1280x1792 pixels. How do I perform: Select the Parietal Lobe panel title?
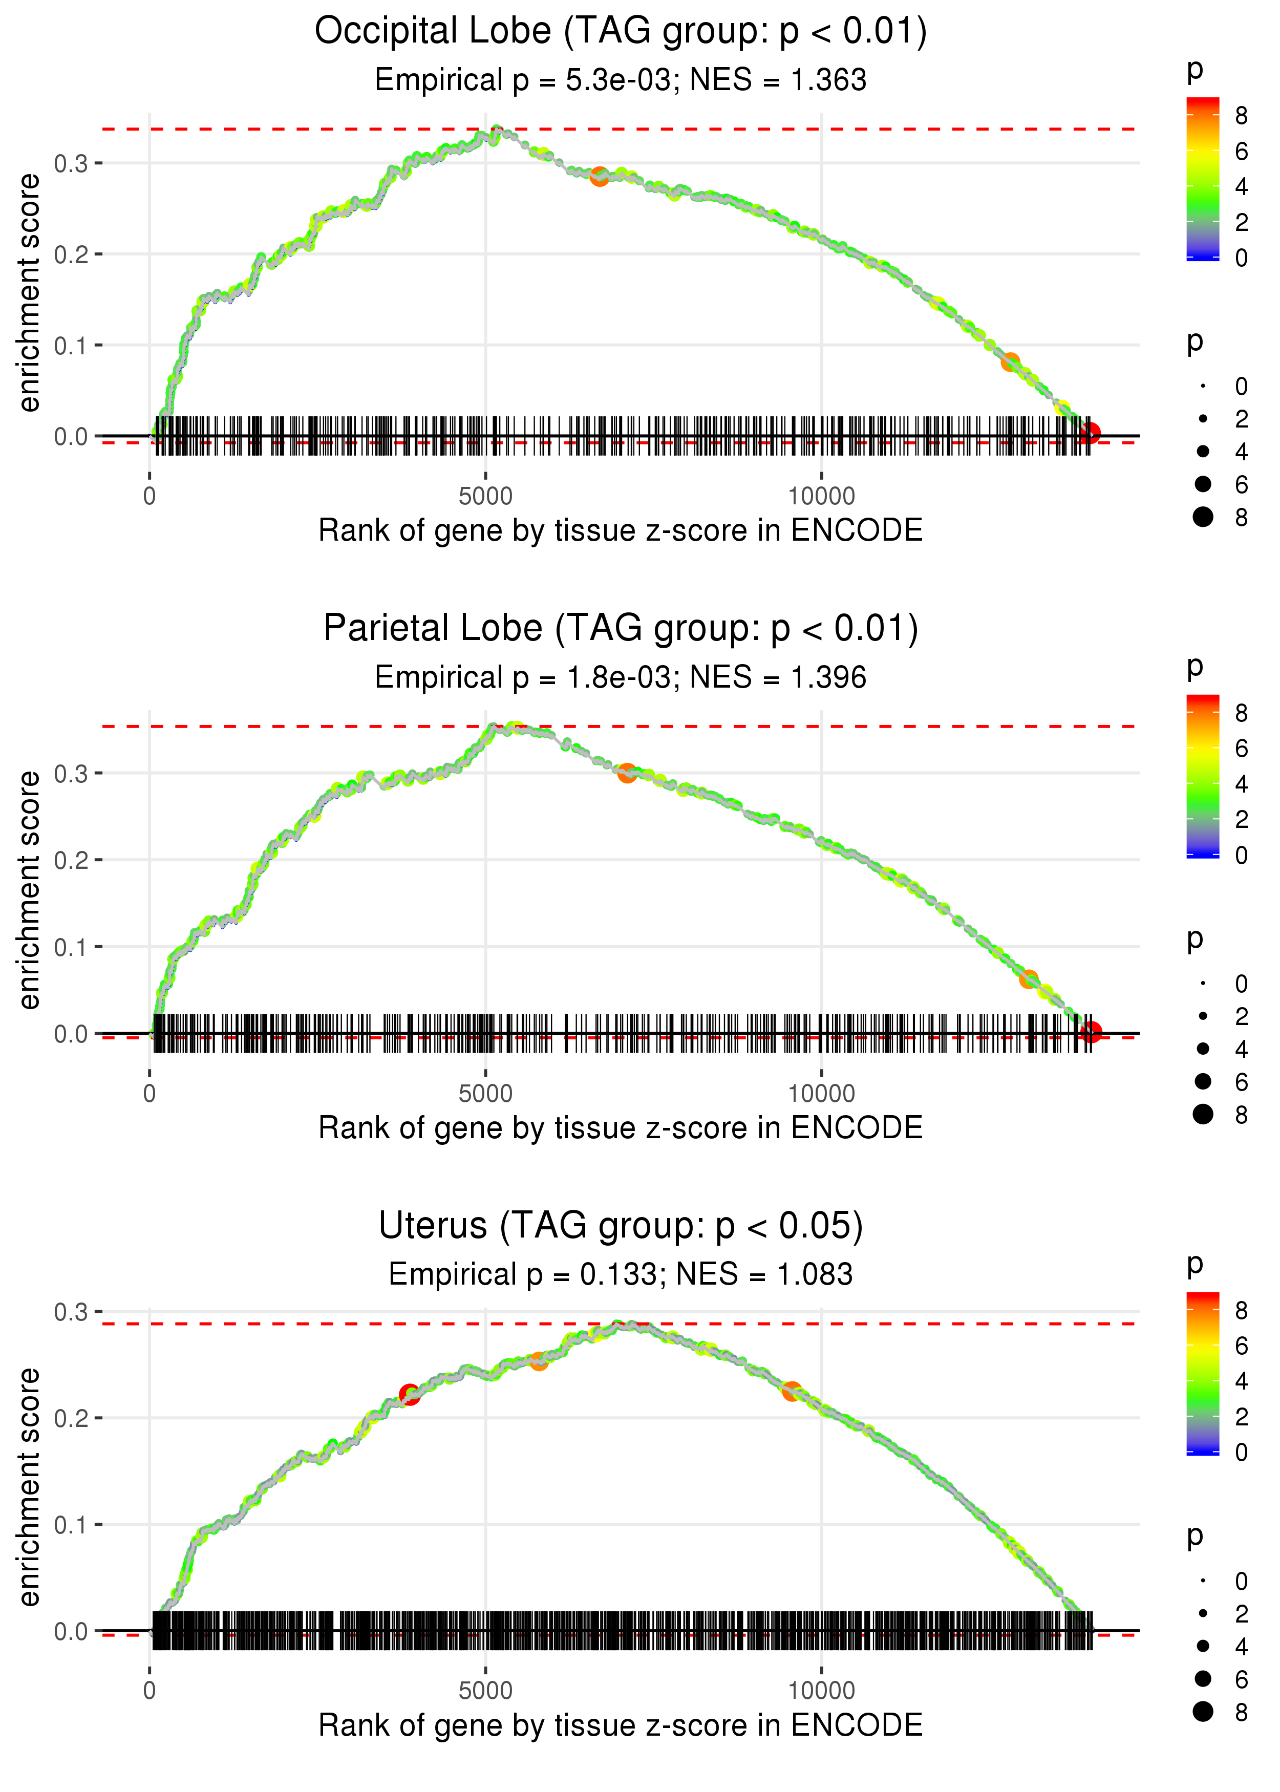tap(621, 629)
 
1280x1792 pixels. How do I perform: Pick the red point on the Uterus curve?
tap(409, 1394)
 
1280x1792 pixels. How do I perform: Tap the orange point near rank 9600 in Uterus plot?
tap(792, 1391)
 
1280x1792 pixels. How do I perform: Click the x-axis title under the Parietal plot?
tap(621, 1128)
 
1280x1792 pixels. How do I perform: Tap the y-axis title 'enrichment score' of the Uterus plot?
tap(29, 1486)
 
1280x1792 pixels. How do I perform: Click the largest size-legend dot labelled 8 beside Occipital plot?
tap(1203, 517)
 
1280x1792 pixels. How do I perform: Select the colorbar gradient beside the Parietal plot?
tap(1202, 776)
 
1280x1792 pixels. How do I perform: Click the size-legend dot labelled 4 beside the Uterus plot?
tap(1203, 1646)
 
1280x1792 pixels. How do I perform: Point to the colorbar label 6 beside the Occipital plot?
tap(1242, 152)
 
